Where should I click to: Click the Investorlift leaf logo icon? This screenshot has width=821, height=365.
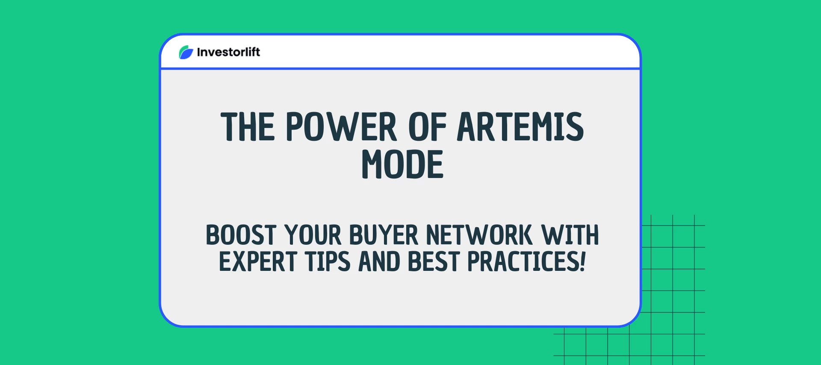186,52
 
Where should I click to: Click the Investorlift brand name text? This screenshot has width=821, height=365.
228,52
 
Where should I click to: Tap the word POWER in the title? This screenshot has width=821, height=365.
341,127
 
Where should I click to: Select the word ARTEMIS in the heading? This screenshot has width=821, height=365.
520,127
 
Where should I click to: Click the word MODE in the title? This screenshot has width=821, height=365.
402,165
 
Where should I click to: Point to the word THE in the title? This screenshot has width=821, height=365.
248,127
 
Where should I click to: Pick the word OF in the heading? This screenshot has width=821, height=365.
427,127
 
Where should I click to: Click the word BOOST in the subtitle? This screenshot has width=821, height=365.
241,235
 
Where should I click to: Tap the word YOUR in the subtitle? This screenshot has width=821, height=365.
313,235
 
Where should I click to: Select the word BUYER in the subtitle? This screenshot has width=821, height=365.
384,235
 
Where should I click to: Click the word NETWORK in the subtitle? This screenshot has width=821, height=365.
479,235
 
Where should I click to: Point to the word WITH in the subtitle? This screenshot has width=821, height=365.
570,235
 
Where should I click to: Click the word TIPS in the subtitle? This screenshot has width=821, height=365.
328,262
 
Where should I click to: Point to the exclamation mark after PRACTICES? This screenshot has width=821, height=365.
583,262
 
